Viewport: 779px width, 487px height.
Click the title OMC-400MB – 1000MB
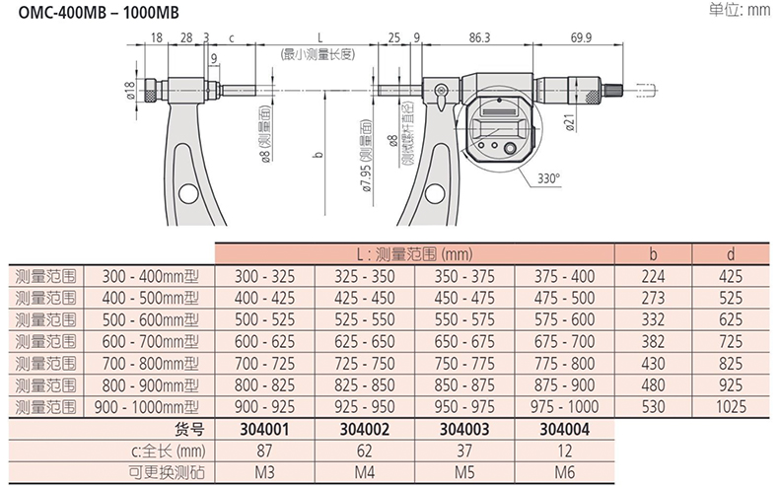pos(99,13)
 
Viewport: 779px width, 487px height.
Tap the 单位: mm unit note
pos(739,9)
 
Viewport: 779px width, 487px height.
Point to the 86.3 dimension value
pos(479,37)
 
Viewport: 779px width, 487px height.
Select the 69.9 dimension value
pos(581,37)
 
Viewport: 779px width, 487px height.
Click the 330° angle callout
pos(548,178)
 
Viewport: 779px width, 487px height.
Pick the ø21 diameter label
pos(570,123)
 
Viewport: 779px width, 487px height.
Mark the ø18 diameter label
pos(130,91)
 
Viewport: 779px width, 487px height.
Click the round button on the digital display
pos(510,148)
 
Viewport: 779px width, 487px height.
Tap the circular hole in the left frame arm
pos(188,193)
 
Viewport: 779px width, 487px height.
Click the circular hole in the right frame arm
pos(435,193)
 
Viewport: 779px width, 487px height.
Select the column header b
pos(653,254)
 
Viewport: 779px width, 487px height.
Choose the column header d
pos(731,254)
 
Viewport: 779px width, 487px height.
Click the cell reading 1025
pos(731,407)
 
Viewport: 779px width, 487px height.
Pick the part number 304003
pos(464,429)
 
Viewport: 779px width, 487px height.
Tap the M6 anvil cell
pos(564,472)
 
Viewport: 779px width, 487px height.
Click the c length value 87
pos(264,451)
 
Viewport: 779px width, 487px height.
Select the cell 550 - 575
pos(464,319)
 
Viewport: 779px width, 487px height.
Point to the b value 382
pos(653,341)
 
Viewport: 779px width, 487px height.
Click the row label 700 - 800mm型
pos(150,363)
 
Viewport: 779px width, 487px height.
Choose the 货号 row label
pos(189,429)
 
